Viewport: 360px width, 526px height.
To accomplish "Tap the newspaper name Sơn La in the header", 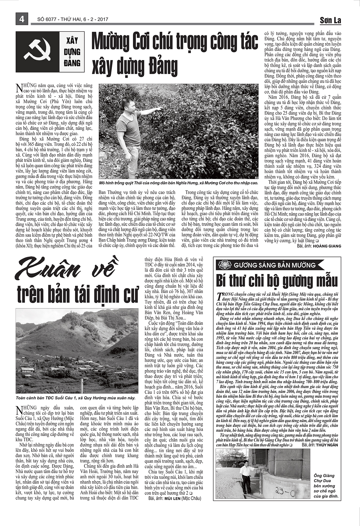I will (330, 20).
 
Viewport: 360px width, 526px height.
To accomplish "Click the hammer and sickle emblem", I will (38, 51).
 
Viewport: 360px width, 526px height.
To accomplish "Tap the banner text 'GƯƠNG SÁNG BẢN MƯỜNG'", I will (275, 265).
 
